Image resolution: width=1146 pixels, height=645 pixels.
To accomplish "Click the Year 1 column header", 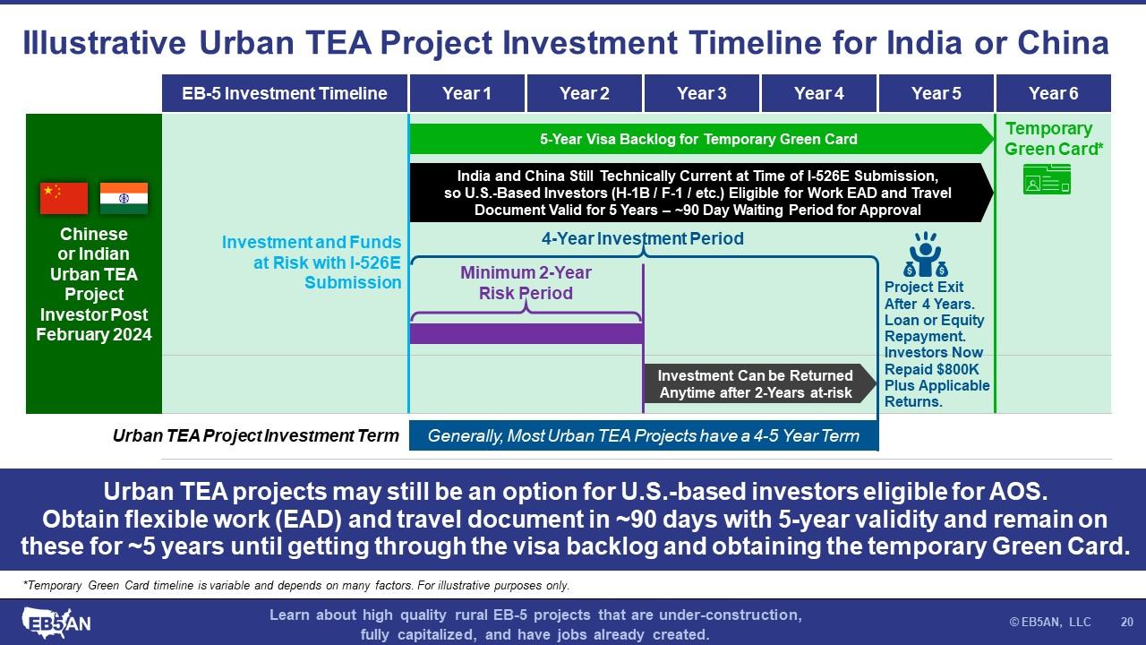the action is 467,93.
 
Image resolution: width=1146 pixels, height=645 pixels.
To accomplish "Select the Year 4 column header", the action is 818,93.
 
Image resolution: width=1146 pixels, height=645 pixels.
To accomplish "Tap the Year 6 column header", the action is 1054,93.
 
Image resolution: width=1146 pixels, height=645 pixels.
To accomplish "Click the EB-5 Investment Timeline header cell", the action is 285,93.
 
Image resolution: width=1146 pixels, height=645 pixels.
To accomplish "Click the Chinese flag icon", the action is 64,198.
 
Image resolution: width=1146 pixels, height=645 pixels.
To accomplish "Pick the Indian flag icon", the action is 124,198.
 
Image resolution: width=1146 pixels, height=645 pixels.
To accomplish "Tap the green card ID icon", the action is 1047,179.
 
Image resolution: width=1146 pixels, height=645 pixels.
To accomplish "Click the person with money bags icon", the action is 926,254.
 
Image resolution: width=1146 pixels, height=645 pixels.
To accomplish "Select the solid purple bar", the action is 527,333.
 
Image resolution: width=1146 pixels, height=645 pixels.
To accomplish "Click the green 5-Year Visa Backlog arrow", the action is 701,139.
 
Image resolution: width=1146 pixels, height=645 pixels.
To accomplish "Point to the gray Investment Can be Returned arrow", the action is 760,384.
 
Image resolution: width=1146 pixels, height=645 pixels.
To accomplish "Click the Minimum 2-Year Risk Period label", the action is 526,282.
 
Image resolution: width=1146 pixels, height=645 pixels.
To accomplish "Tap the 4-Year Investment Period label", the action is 643,238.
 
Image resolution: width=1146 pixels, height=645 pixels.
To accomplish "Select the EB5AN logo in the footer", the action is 56,623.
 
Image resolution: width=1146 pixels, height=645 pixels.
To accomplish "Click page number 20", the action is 1126,622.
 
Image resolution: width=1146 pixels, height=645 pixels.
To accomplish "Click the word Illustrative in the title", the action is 105,42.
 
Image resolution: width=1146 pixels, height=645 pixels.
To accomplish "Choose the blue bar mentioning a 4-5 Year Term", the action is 644,435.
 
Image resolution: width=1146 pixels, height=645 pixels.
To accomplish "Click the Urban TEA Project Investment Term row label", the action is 255,435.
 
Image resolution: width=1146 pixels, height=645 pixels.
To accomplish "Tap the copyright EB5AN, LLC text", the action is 1050,622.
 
